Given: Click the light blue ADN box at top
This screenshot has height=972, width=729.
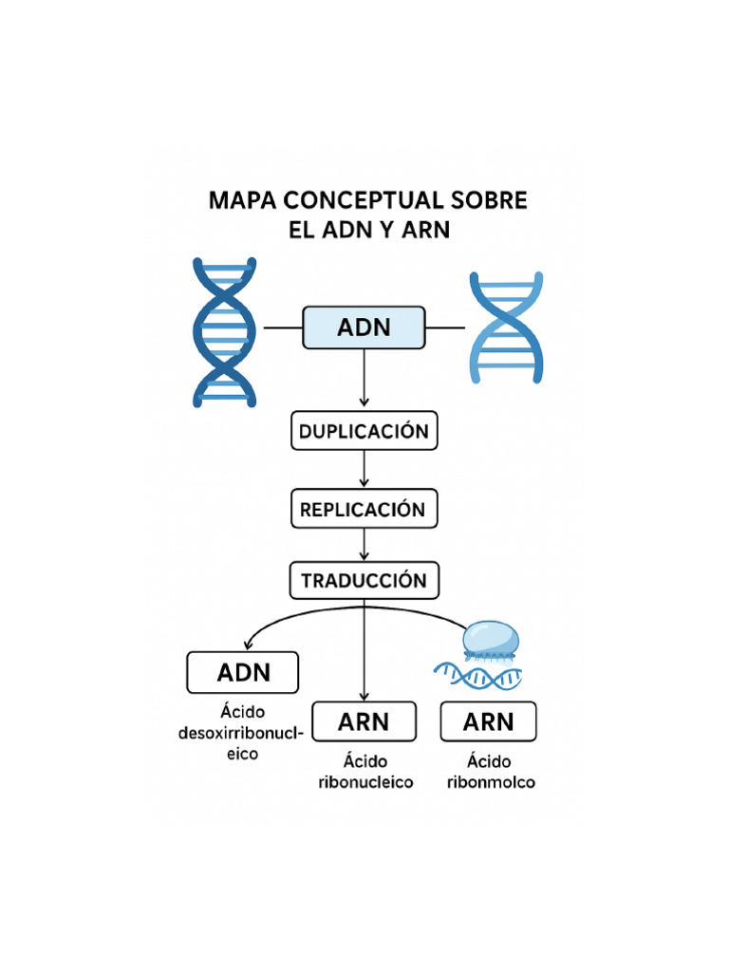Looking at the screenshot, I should coord(364,327).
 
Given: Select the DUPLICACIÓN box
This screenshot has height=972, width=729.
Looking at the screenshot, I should coord(364,431).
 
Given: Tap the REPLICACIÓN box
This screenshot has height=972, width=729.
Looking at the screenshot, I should coord(364,510).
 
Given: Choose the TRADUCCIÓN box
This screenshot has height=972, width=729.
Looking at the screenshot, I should coord(364,580).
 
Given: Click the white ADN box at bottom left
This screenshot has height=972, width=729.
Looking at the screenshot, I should coord(243,673).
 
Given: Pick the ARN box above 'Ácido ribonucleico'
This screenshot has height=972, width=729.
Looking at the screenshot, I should coord(364,722).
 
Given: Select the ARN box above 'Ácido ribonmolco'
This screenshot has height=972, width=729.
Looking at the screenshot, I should coord(488,722).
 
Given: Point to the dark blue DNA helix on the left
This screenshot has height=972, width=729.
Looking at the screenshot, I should coord(225,331).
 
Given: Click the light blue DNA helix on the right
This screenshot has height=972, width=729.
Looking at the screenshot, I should coord(507,327).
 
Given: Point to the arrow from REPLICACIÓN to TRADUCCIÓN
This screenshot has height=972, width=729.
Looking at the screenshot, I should coord(364,545).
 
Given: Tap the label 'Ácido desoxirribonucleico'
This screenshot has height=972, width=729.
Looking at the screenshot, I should coord(241,733).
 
